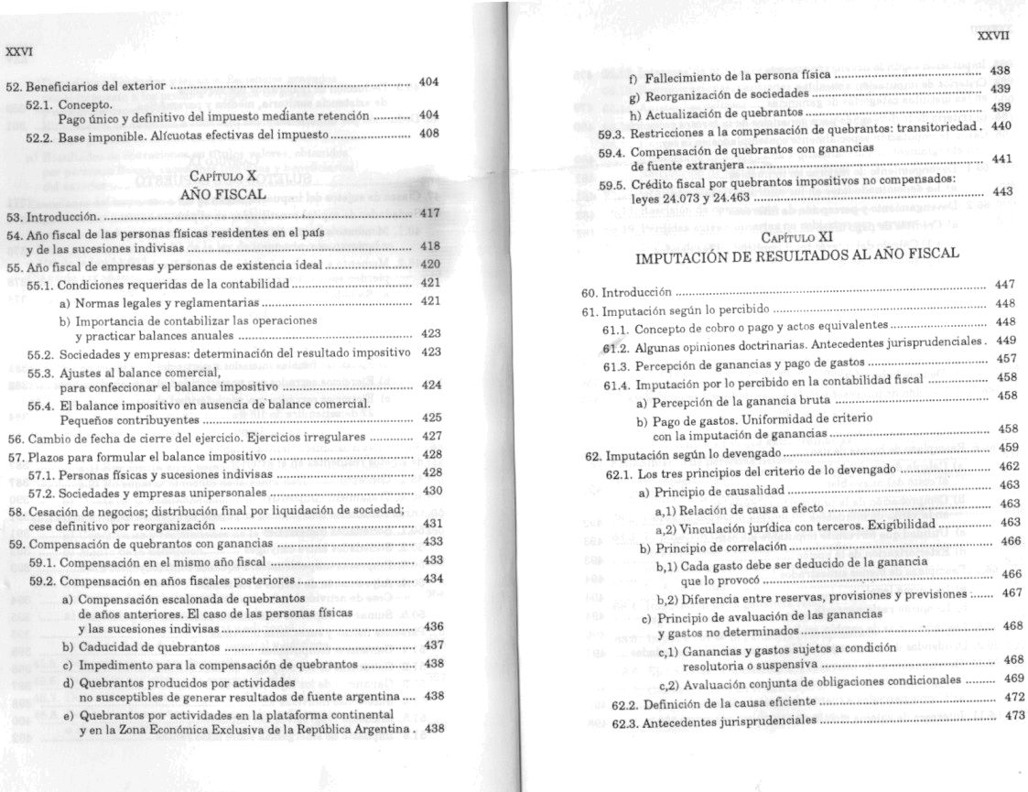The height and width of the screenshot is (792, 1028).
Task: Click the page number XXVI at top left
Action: (18, 51)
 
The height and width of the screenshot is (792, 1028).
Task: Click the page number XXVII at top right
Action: (992, 36)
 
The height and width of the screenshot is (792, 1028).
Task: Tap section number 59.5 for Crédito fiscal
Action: (612, 183)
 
